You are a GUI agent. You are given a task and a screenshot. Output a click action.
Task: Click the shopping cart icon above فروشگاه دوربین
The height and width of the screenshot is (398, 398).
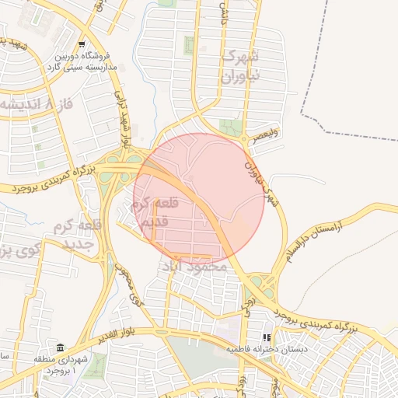82,44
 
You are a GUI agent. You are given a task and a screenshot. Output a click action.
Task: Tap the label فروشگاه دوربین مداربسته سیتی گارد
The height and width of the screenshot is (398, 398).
82,62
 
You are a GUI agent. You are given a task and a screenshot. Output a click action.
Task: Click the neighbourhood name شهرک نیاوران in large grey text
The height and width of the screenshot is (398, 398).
238,67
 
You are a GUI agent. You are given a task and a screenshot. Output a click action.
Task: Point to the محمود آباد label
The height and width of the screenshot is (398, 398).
194,266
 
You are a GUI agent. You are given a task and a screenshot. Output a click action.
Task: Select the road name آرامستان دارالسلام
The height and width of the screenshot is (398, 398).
315,235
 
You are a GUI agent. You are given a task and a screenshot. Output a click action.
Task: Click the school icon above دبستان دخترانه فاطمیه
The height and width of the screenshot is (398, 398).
267,338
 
